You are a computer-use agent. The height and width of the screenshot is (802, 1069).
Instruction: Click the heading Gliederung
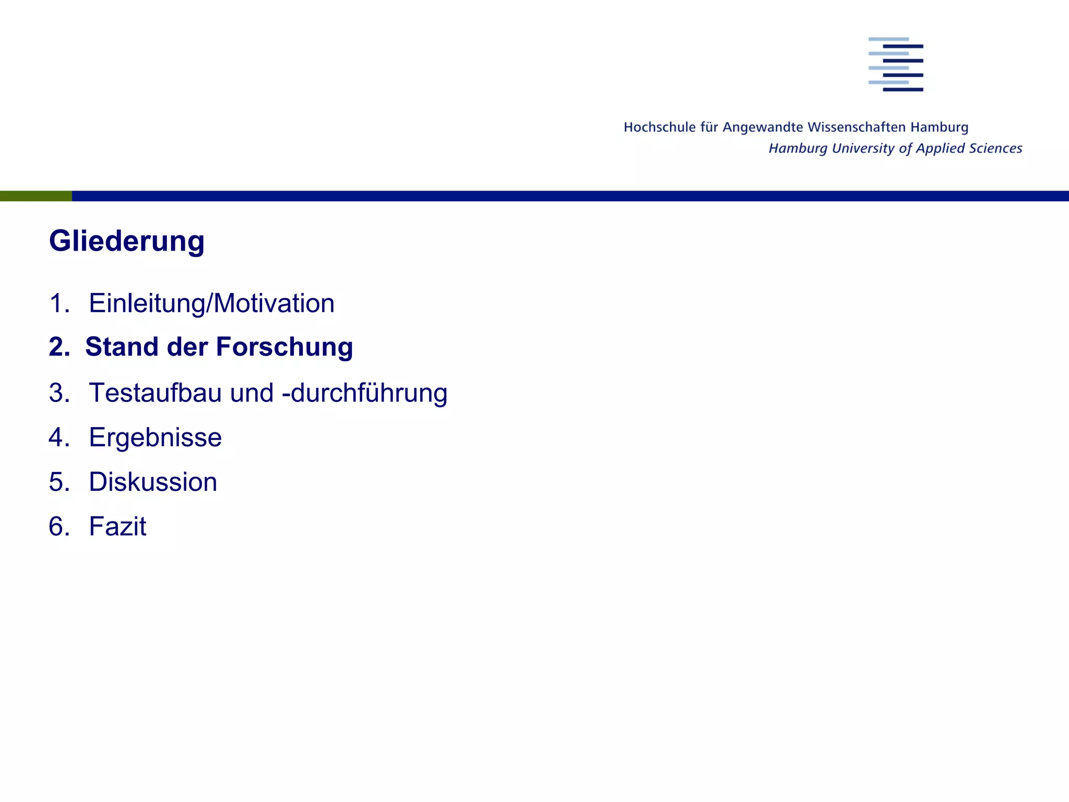[x=126, y=242]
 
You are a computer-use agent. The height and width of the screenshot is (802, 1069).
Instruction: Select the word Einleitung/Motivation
[x=211, y=303]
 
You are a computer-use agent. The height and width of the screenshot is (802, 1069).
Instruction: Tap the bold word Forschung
[x=284, y=347]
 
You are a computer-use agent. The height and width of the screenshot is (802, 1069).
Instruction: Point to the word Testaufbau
[x=181, y=393]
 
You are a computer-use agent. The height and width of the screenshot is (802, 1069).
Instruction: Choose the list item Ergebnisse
[x=155, y=438]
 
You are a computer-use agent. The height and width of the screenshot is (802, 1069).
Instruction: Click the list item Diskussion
[x=153, y=482]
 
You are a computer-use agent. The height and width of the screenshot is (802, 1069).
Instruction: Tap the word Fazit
[x=117, y=526]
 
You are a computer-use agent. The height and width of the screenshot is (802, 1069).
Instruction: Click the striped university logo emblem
[x=896, y=64]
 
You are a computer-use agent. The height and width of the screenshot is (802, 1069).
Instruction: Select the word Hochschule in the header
[x=660, y=127]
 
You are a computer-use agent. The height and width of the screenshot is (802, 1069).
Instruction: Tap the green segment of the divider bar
[x=35, y=196]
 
